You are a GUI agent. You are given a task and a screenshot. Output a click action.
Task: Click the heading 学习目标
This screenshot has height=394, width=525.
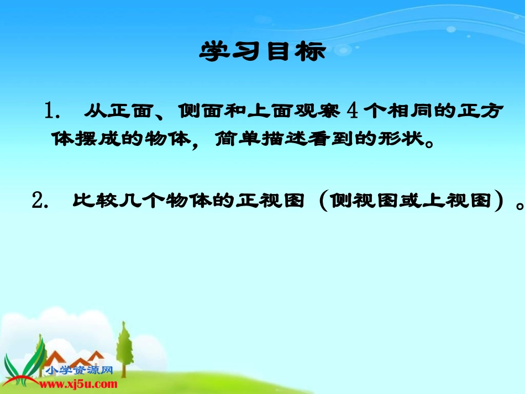(262, 52)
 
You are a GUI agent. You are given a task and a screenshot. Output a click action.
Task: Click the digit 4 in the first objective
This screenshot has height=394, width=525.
(354, 112)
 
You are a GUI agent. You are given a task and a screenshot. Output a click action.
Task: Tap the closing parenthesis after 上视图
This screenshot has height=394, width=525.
(499, 201)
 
